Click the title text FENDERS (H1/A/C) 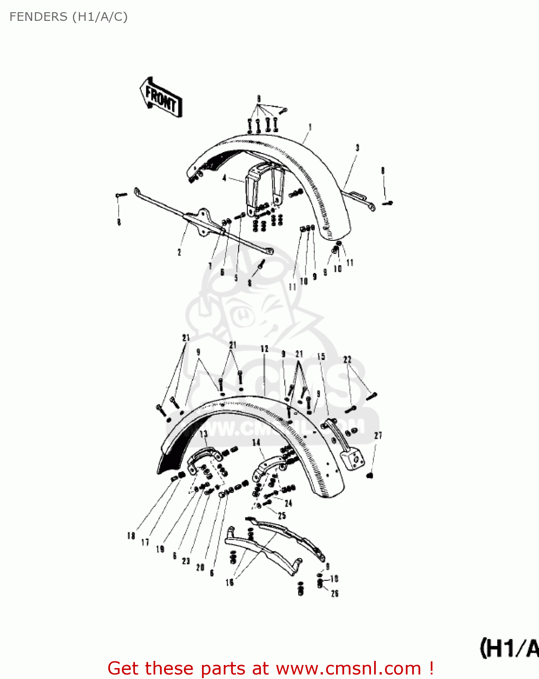tap(68, 17)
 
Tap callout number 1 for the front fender tap(310, 128)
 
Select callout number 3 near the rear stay tap(357, 148)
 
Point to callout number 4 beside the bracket tap(225, 178)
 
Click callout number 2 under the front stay tap(179, 252)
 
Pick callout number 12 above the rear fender tap(265, 349)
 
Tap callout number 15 tap(321, 357)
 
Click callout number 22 tap(347, 360)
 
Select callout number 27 tap(378, 435)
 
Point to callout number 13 tap(204, 434)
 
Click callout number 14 tap(256, 442)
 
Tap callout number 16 tap(230, 582)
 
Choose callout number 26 tap(335, 593)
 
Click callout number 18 tap(131, 536)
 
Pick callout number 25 tap(282, 516)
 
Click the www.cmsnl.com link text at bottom tap(349, 669)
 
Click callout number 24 tap(289, 503)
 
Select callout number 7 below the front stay tap(210, 266)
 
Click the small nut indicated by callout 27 tap(370, 475)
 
